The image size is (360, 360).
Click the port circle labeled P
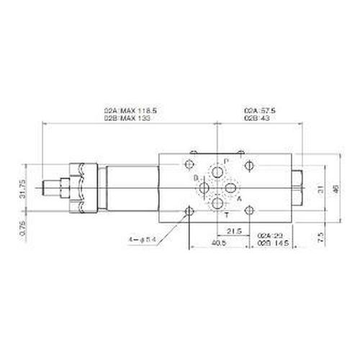point(218,171)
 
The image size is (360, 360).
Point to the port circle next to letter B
point(204,188)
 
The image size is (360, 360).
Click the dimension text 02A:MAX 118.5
point(130,109)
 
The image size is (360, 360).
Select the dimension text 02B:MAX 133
point(130,117)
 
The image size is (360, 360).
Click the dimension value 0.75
point(23,228)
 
